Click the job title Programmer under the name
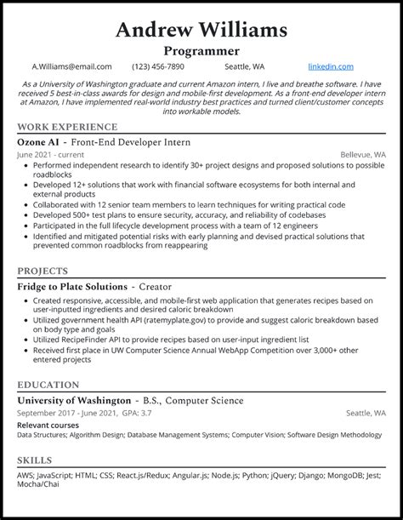201,50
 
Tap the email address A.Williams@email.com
72,66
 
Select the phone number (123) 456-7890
159,66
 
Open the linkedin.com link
330,66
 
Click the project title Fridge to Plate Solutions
72,287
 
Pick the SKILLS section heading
34,459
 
